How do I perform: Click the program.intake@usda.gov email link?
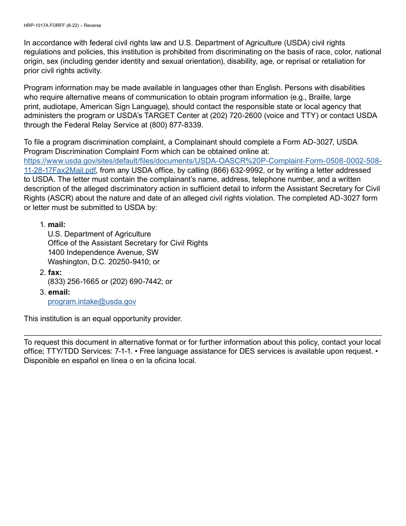click(92, 301)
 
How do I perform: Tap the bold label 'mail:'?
click(56, 225)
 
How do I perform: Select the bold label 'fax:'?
click(55, 272)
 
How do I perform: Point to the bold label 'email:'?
click(59, 292)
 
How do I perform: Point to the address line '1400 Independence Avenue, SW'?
click(103, 252)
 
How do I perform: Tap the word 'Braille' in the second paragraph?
click(320, 97)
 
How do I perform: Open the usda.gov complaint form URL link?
click(203, 161)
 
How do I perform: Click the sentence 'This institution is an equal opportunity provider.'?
click(103, 319)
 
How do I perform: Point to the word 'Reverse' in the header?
click(92, 26)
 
